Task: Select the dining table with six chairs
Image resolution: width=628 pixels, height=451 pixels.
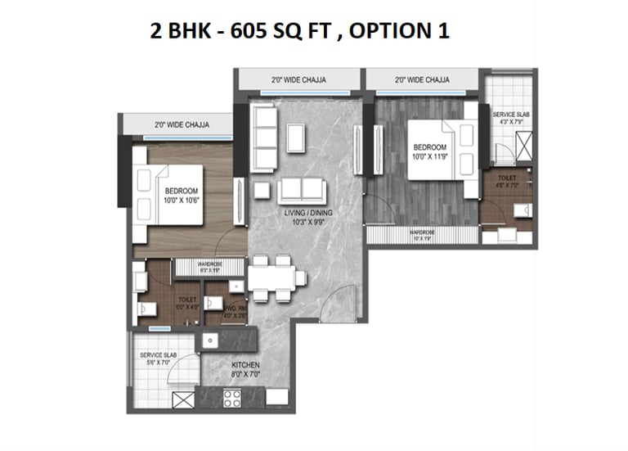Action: click(x=271, y=279)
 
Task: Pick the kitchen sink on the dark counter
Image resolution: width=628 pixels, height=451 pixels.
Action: click(x=211, y=339)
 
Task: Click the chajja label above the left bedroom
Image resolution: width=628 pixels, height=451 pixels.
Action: click(x=182, y=125)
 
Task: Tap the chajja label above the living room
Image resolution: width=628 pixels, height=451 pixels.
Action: click(x=298, y=80)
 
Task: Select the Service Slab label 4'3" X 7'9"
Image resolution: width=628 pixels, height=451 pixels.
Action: click(x=508, y=117)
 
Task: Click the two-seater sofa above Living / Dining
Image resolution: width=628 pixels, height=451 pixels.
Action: click(x=301, y=191)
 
